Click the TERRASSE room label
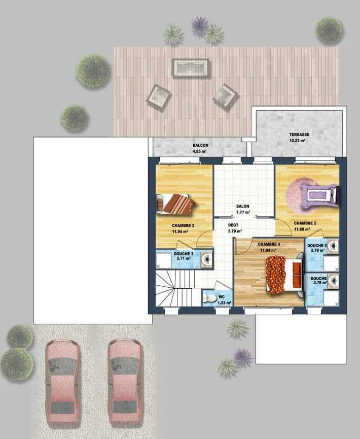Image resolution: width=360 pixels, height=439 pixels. (299, 134)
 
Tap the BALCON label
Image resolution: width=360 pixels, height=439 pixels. (200, 145)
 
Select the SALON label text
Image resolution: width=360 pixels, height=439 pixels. (242, 206)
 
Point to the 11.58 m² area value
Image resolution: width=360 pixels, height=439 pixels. (302, 229)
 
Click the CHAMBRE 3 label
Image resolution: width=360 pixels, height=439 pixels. (183, 225)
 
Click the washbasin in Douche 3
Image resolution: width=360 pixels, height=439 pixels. (207, 259)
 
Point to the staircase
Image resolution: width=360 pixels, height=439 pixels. (178, 288)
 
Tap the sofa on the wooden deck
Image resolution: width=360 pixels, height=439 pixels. (191, 68)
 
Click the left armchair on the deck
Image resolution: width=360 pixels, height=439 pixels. (158, 98)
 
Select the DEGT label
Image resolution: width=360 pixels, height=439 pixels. (233, 225)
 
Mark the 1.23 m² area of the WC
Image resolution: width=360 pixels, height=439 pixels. (225, 302)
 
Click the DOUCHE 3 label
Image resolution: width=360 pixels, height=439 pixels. (183, 254)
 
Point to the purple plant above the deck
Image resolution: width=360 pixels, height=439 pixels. (200, 26)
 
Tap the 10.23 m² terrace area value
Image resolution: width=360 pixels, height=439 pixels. (297, 141)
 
